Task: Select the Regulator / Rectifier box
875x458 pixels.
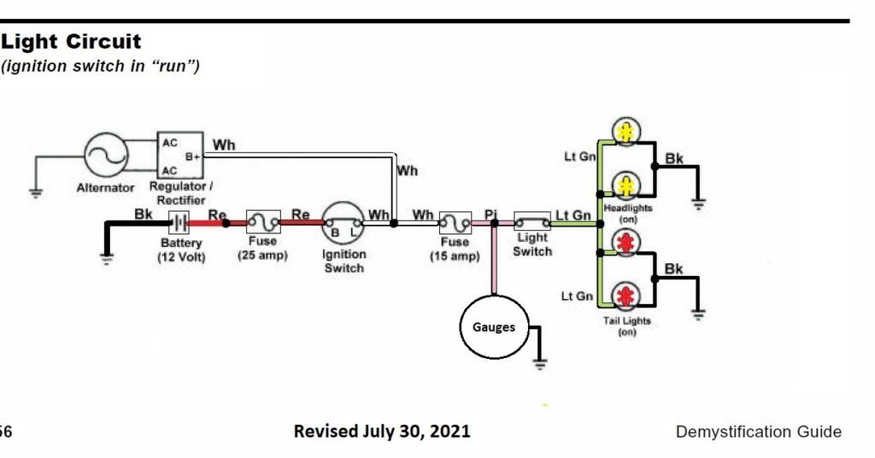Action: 180,156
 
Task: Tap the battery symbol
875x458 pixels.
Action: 179,223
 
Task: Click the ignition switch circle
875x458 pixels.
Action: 344,225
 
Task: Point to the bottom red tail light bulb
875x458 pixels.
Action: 625,297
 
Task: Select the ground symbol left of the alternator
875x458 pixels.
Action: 35,191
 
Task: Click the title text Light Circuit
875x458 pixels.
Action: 72,41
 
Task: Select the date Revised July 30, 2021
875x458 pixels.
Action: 381,431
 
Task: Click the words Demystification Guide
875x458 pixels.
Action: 758,432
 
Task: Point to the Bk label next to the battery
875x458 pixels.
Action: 144,214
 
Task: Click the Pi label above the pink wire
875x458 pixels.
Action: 490,214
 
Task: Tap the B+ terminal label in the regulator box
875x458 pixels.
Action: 193,158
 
